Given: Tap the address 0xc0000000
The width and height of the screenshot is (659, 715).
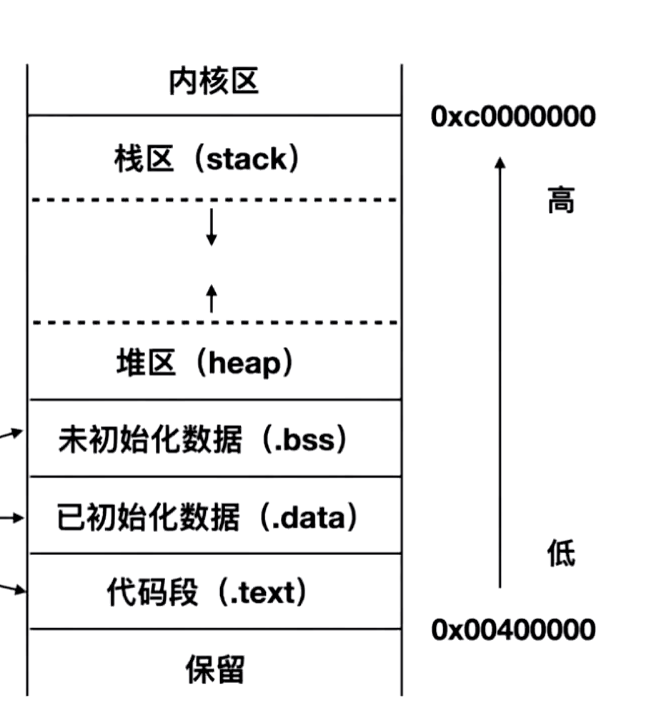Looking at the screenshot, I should (x=512, y=117).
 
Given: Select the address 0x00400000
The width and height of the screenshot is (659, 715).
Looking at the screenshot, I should (x=512, y=631).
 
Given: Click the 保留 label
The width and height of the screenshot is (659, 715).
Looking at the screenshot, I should (x=214, y=671).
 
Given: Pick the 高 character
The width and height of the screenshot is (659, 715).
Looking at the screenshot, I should (x=560, y=200).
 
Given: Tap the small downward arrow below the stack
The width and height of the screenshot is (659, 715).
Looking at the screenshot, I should (x=211, y=229).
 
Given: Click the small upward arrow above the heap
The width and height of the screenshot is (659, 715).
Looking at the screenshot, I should (x=211, y=296).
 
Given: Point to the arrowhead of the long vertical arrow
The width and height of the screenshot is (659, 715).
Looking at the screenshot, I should (x=500, y=163).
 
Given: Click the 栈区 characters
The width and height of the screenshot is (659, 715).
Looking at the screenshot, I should (x=144, y=159).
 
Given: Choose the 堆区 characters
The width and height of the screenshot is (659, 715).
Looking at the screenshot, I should (x=145, y=364).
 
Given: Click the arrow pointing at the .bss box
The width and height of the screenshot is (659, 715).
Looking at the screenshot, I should (x=14, y=433).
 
